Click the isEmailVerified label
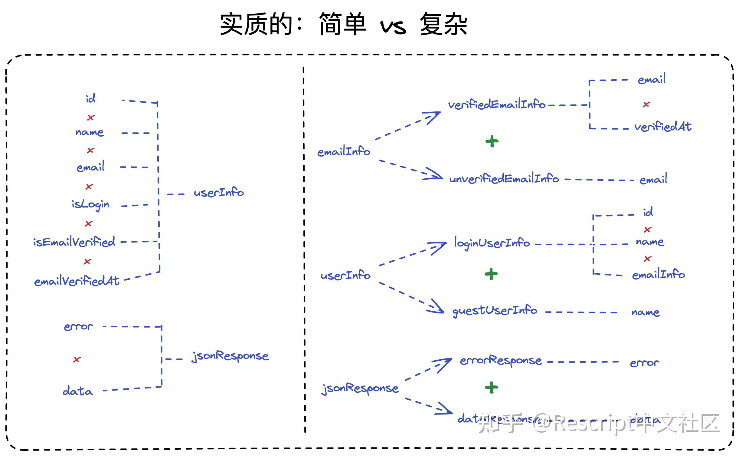74,242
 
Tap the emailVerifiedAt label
77,281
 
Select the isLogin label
90,205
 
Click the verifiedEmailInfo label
497,105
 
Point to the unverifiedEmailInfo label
504,179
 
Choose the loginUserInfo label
492,243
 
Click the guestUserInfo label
495,311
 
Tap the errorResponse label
501,361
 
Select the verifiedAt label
663,127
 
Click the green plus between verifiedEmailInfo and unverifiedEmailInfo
492,141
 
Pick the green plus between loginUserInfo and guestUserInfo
491,274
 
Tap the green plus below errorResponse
492,387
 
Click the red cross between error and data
77,359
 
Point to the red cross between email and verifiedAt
646,104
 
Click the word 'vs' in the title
393,27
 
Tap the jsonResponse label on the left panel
230,356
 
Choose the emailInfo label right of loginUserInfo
658,275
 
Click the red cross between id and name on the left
91,117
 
